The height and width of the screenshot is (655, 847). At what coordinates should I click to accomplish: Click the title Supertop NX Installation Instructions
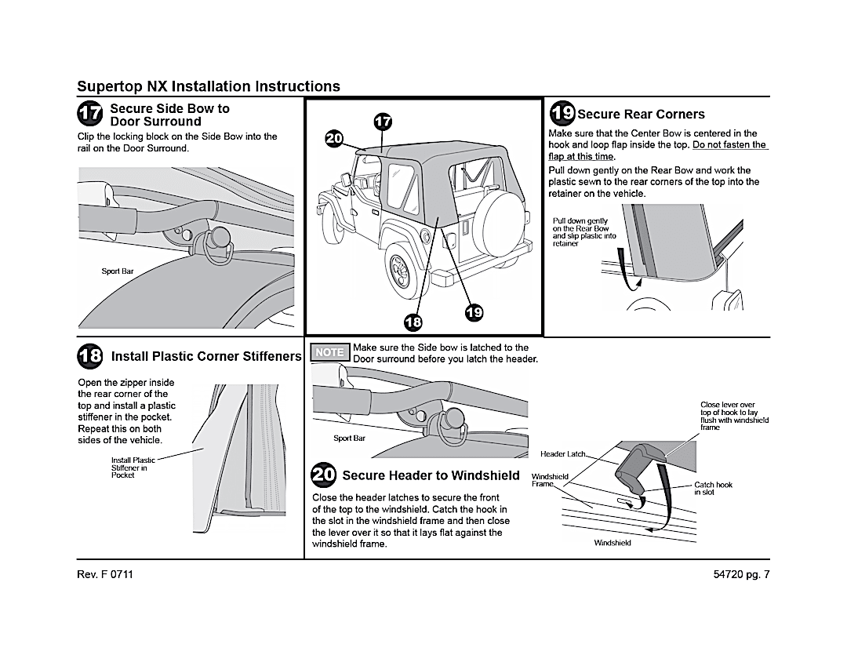click(209, 86)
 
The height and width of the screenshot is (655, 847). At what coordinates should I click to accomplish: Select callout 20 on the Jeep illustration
click(334, 139)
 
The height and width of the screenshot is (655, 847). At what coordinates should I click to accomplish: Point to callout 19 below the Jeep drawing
click(474, 312)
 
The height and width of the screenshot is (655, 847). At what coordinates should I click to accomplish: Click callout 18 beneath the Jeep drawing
click(413, 321)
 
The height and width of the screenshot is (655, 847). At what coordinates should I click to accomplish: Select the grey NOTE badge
click(329, 352)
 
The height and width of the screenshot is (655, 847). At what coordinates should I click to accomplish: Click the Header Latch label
click(562, 454)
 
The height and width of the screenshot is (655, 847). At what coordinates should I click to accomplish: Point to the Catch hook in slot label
click(713, 488)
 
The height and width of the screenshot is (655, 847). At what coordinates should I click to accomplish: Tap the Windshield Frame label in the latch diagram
click(550, 480)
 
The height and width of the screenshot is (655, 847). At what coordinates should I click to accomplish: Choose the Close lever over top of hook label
click(734, 416)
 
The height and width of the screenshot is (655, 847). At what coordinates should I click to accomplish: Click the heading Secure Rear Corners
click(641, 115)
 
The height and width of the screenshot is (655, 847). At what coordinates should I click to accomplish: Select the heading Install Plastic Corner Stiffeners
click(206, 356)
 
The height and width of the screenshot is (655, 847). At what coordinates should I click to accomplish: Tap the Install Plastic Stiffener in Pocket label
click(133, 468)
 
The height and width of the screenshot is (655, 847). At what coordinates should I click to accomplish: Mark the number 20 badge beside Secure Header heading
click(324, 475)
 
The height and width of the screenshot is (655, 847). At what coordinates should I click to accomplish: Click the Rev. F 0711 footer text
click(105, 574)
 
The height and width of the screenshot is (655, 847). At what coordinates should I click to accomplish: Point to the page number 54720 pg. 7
click(738, 574)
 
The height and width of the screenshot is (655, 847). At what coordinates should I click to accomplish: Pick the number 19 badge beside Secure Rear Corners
click(562, 113)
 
